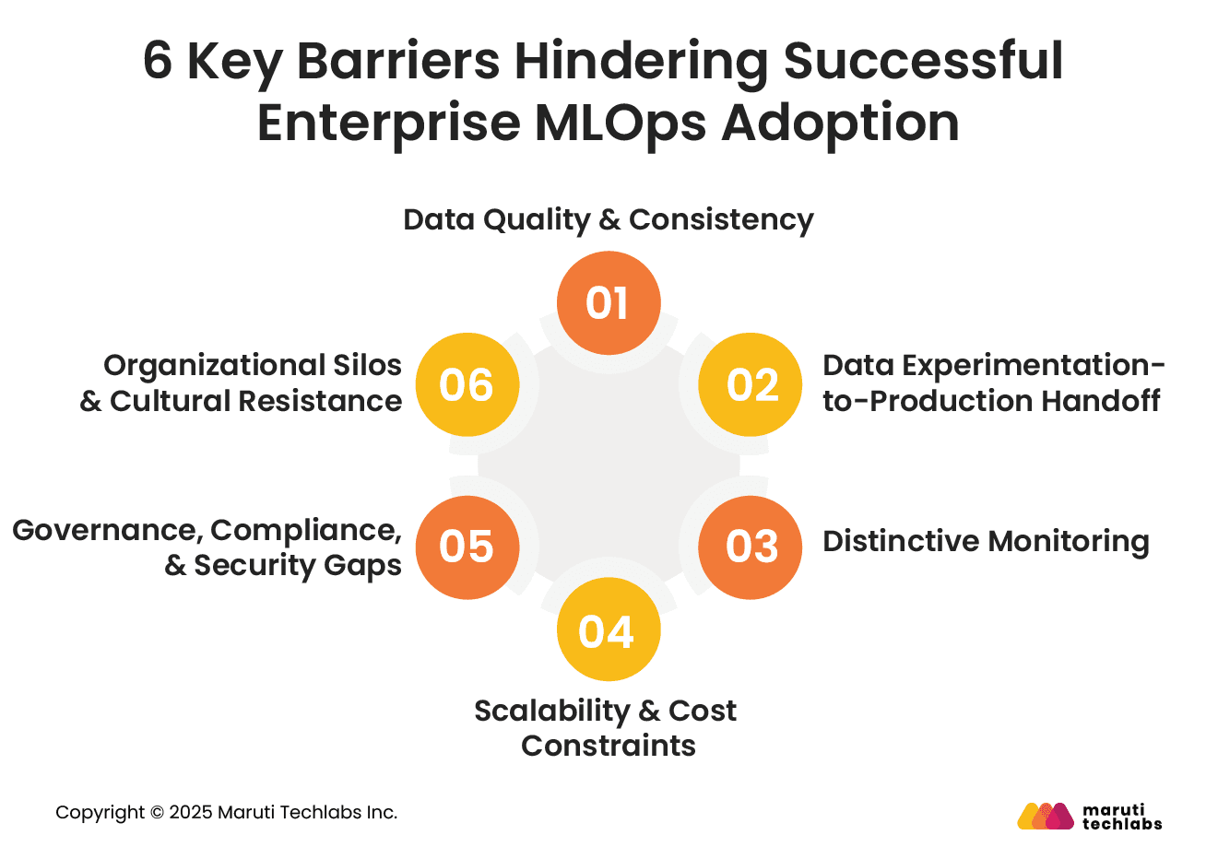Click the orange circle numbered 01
tap(609, 303)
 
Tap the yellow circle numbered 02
tap(751, 384)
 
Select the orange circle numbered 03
tap(751, 547)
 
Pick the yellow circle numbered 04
tap(609, 630)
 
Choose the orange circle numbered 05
tap(467, 547)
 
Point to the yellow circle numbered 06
tap(467, 384)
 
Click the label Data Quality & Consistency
tap(609, 220)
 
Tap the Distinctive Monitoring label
tap(986, 541)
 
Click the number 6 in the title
tap(158, 62)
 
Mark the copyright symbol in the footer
tap(157, 813)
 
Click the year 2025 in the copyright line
tap(190, 813)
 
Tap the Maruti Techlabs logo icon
tap(1045, 816)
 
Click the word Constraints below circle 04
tap(609, 746)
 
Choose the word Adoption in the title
tap(841, 123)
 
